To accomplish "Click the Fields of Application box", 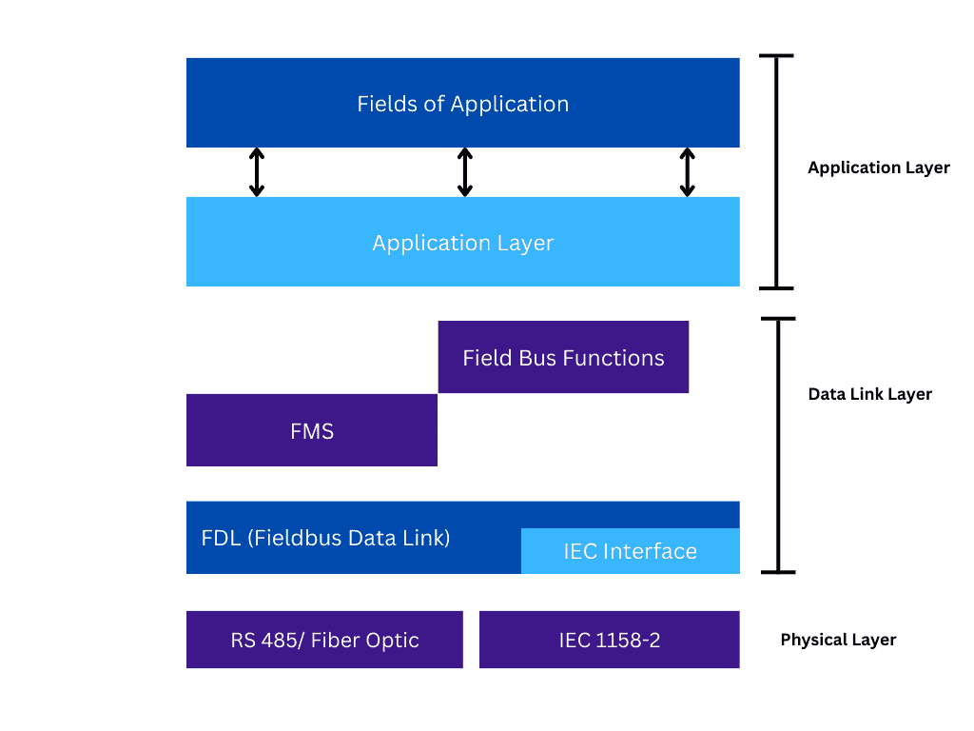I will [462, 103].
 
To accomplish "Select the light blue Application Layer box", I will [462, 242].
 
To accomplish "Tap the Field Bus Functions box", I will [563, 357].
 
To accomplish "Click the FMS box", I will [312, 430].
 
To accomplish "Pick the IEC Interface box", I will [630, 551].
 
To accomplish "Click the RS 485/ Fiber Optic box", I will [324, 640].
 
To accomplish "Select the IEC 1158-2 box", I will [609, 640].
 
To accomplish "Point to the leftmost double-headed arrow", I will [256, 172].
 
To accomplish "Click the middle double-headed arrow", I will [464, 172].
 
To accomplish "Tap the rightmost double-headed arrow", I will [687, 172].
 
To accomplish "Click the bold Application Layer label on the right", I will [878, 168].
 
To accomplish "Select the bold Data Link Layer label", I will [869, 394].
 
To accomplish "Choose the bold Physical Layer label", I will [838, 640].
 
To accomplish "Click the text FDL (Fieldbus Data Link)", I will [325, 538].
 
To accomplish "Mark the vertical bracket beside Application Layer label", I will [777, 172].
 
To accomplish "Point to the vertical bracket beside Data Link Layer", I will [778, 445].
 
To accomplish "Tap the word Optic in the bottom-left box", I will [393, 640].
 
